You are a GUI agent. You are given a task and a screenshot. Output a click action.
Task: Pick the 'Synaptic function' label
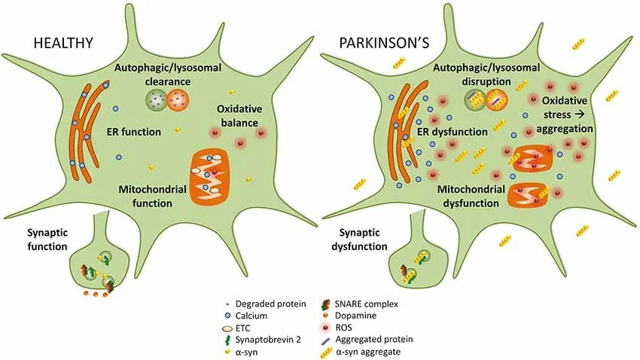click(x=36, y=239)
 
